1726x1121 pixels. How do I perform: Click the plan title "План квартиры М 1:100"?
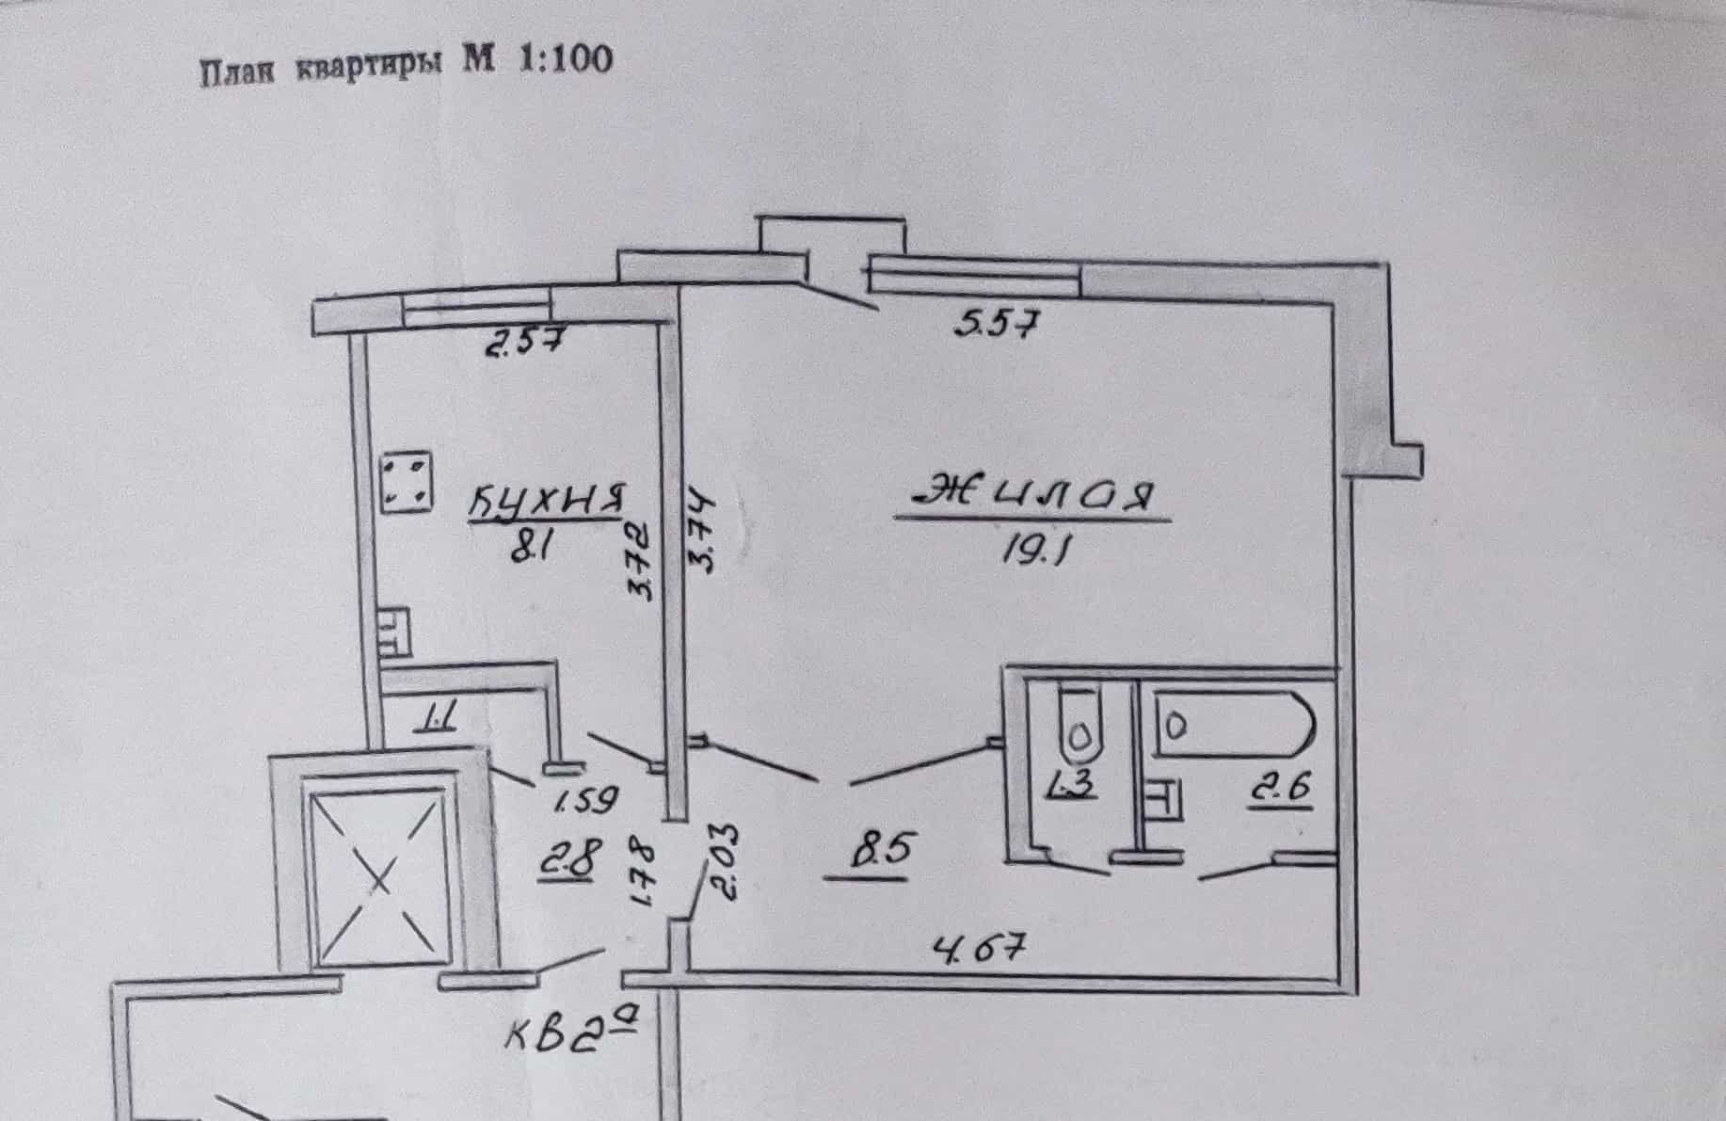(407, 64)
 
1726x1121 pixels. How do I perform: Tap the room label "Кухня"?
(548, 502)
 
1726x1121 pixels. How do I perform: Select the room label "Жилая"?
(1031, 494)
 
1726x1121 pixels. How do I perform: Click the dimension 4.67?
(976, 945)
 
